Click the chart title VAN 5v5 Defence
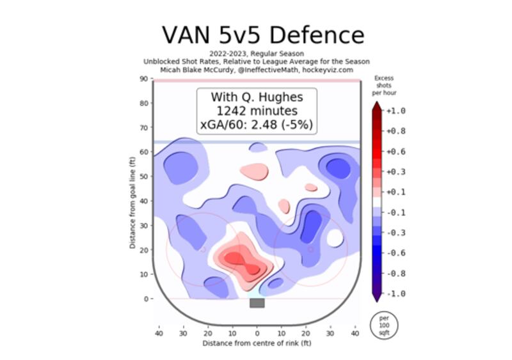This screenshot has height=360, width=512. click(x=262, y=35)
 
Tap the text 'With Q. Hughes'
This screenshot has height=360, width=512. click(x=257, y=97)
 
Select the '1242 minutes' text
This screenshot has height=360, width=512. click(x=257, y=111)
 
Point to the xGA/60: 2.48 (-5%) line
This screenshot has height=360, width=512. click(x=257, y=124)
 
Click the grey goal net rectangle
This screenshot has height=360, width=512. click(x=257, y=303)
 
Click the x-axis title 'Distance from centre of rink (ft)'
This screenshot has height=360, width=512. click(x=257, y=343)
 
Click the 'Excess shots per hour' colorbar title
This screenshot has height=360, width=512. click(x=383, y=86)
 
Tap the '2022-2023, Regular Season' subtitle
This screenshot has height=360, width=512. click(x=257, y=54)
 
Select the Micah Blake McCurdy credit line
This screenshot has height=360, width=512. click(x=257, y=70)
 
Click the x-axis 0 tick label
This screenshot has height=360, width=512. click(x=257, y=333)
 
